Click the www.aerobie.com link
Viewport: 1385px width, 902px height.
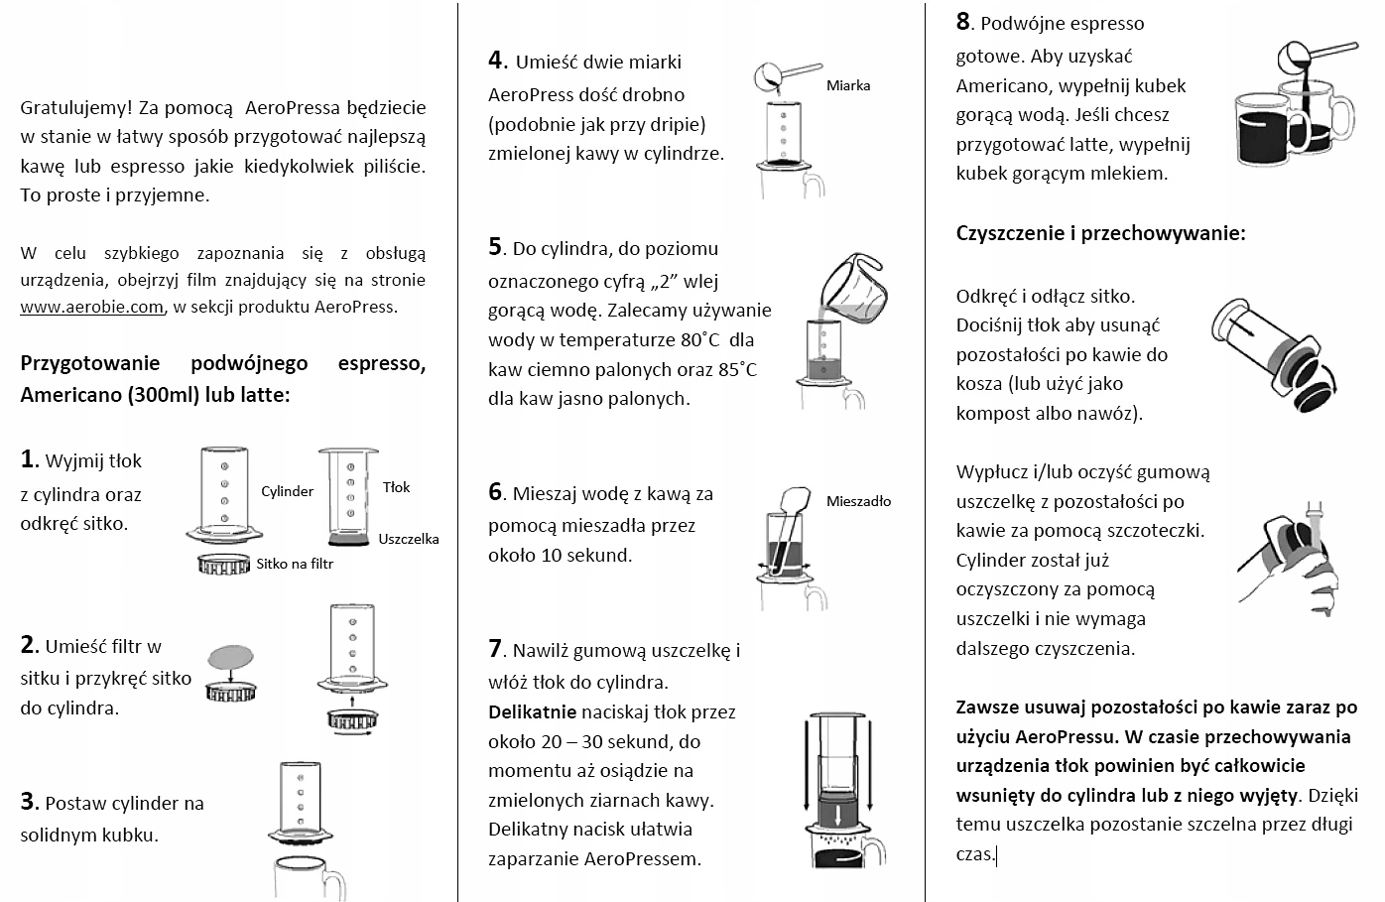point(91,308)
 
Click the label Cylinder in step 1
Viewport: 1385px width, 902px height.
point(287,491)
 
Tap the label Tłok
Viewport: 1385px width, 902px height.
point(396,487)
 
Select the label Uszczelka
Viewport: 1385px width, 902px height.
point(408,539)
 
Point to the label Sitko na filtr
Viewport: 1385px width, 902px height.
point(295,564)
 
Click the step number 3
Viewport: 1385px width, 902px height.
point(29,802)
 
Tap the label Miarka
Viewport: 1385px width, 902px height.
point(847,86)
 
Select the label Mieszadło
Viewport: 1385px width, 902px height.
point(858,501)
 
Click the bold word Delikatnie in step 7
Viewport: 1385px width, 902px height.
point(532,711)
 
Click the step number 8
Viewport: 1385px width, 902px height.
point(963,22)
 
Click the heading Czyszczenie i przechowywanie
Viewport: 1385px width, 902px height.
point(1100,234)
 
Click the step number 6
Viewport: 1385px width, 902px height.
point(496,492)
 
